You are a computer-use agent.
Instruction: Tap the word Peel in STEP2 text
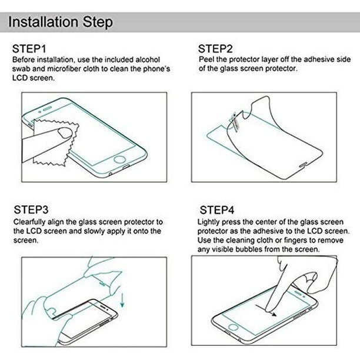206,59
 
